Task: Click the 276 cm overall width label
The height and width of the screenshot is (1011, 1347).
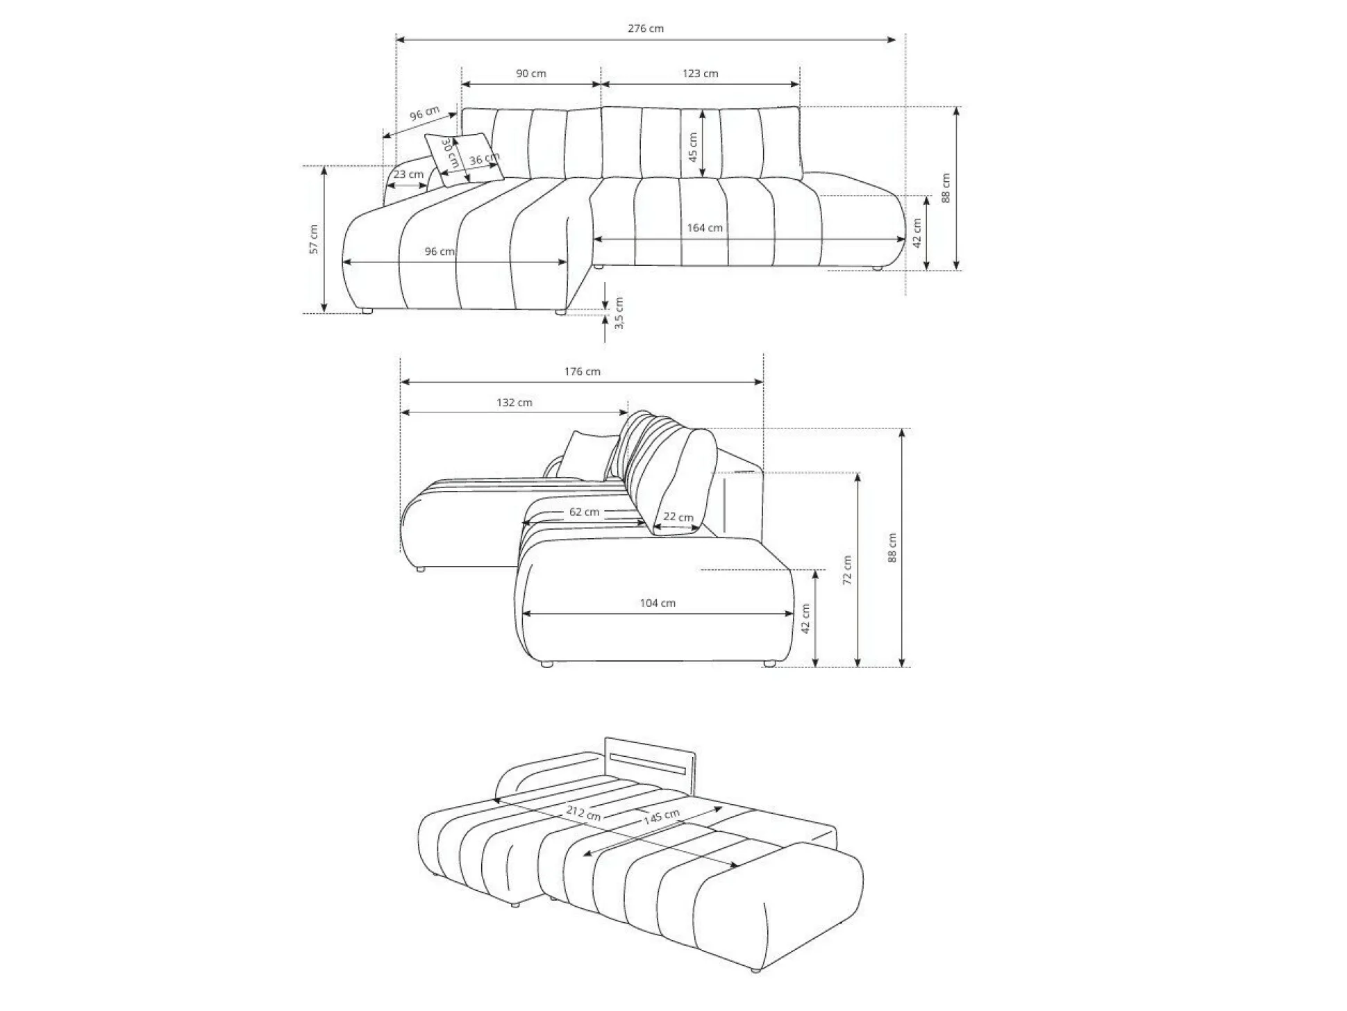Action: pos(646,28)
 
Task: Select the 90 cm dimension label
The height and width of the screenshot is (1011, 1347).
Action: pos(531,74)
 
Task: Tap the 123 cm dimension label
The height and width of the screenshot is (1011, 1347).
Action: pos(700,74)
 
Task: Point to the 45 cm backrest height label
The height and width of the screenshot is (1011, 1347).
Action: pos(692,147)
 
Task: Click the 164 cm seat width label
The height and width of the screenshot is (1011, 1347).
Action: pos(705,228)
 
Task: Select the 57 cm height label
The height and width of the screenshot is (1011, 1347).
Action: pos(314,239)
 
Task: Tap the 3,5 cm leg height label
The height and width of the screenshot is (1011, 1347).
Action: pos(619,313)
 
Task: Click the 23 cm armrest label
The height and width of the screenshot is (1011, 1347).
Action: pos(408,174)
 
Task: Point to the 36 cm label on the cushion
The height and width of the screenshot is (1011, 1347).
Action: pos(484,159)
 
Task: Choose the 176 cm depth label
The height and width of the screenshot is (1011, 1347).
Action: pos(582,371)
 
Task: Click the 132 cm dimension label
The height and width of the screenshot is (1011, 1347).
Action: pos(514,403)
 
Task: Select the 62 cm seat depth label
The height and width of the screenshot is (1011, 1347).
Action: pos(584,512)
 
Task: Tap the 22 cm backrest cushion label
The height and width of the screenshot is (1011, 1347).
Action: pos(678,517)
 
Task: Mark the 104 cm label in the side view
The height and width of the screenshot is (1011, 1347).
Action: pos(658,603)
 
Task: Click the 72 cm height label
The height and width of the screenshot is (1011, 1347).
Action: pos(847,570)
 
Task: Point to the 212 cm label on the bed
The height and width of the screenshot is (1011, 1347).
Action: pos(583,812)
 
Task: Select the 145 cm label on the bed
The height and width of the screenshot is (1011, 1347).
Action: pos(661,817)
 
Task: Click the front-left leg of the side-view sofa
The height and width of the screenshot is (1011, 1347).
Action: pos(547,665)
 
